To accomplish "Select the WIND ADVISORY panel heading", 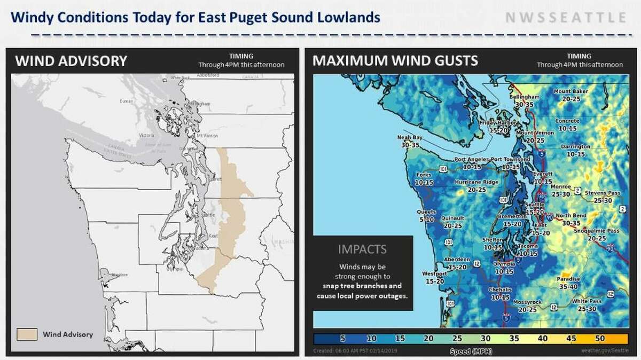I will (x=71, y=61).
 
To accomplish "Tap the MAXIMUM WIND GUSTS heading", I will (x=395, y=60).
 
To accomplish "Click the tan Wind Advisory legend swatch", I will (x=27, y=334).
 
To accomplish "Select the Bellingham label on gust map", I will (x=525, y=100).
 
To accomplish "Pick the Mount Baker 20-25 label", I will (x=570, y=95).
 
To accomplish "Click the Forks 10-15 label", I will (x=423, y=178).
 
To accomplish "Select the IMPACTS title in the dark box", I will (x=363, y=249).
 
